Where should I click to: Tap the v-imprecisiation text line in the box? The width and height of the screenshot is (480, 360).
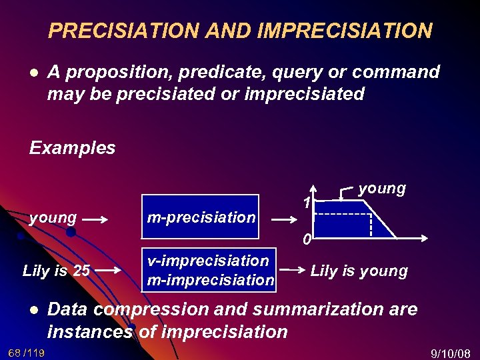(208, 261)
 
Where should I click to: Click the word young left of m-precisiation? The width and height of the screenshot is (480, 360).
(53, 217)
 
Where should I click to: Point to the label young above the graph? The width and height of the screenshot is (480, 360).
(381, 189)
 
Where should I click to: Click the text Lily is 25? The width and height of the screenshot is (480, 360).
(56, 271)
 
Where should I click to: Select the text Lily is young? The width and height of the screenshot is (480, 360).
(359, 271)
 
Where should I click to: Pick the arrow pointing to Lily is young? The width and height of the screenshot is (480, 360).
(291, 270)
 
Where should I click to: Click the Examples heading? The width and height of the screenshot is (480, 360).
(72, 147)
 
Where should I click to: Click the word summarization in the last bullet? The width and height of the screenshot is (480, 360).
(317, 309)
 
